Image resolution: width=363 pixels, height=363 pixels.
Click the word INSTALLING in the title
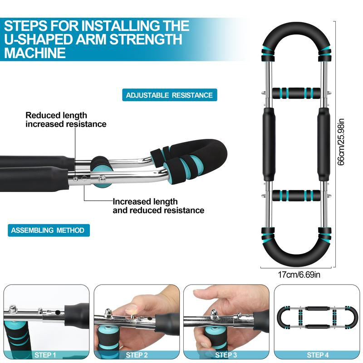tap(120, 26)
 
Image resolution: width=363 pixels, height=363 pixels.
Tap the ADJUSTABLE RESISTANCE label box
tap(169, 95)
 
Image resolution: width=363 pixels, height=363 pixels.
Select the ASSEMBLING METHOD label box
tap(49, 231)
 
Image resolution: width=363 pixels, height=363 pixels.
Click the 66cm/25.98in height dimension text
tap(341, 142)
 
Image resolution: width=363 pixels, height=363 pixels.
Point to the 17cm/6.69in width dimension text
tap(299, 275)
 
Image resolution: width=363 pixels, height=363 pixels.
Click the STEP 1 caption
tap(45, 355)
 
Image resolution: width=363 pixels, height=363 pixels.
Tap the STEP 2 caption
tap(137, 355)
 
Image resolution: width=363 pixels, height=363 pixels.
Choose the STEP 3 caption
tap(226, 355)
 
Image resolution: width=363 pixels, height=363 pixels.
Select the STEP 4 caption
tap(318, 355)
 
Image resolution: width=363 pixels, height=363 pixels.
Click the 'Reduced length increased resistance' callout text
tap(66, 120)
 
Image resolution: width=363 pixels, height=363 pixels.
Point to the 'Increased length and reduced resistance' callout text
tap(158, 206)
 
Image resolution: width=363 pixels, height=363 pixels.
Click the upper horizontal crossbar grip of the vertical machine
tap(296, 93)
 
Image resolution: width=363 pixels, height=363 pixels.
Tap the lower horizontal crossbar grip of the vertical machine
tap(296, 195)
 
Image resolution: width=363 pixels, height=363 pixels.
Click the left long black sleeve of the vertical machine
tap(269, 144)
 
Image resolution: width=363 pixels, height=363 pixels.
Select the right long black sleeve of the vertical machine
tap(324, 144)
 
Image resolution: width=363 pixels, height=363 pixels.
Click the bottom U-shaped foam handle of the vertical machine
tap(296, 260)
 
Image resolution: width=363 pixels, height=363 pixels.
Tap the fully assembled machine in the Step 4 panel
tap(317, 317)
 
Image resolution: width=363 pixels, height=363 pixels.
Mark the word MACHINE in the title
tap(35, 53)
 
